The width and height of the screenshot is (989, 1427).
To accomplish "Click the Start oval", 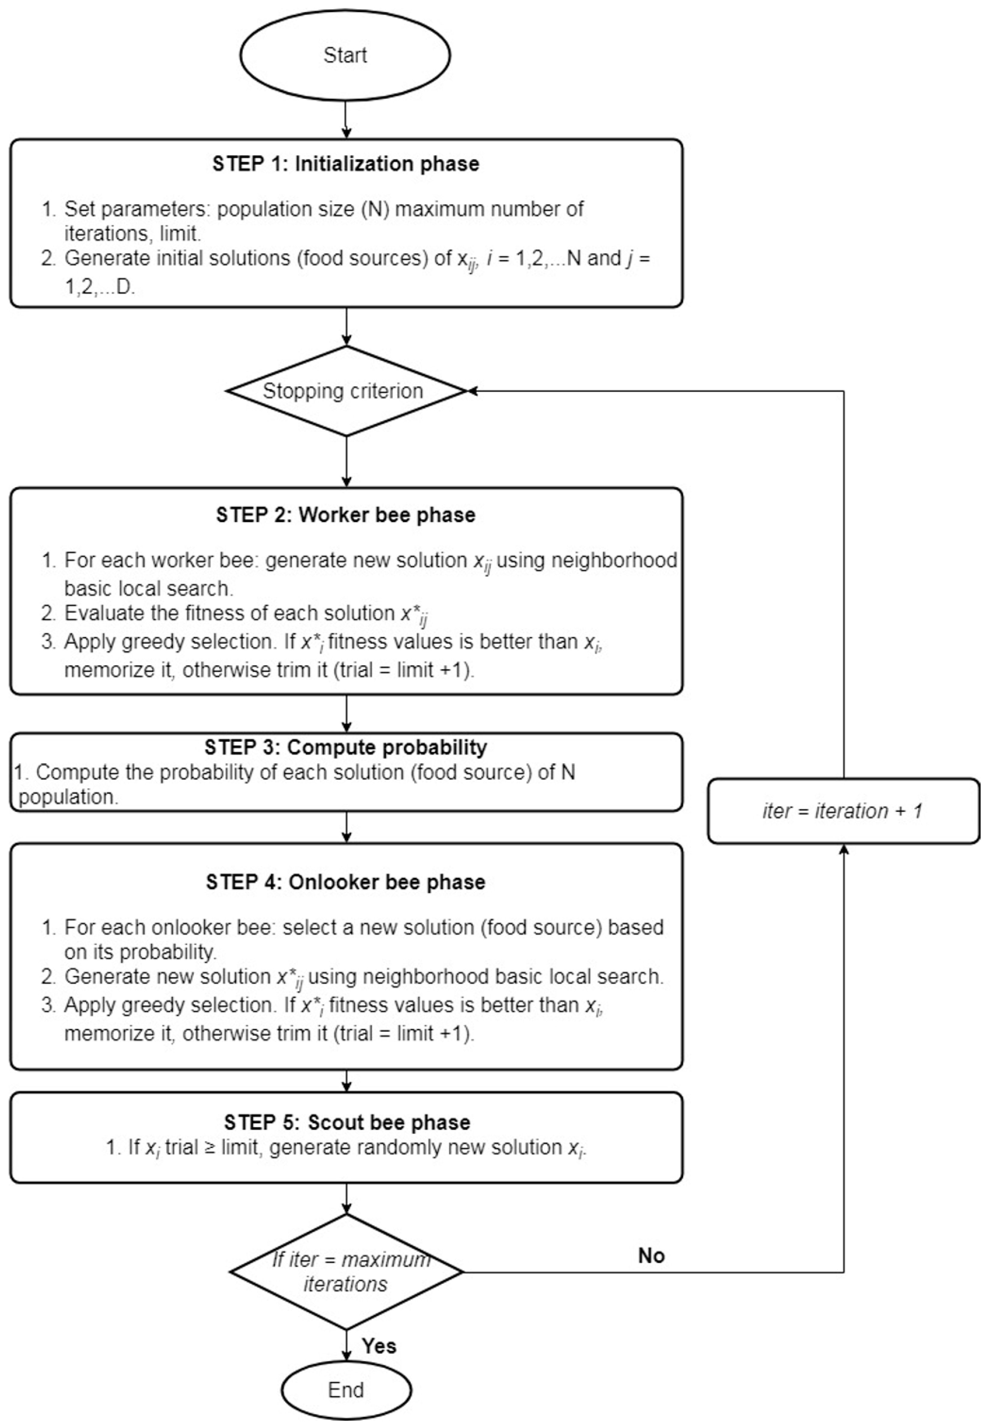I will (x=345, y=55).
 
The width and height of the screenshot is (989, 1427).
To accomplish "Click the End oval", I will (x=346, y=1390).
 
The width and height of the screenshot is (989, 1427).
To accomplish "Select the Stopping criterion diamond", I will (x=345, y=391).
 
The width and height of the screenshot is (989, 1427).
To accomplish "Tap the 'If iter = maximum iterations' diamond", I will (x=346, y=1272).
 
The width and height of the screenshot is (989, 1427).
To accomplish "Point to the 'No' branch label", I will (x=651, y=1255).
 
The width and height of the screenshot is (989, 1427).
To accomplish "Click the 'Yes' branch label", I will (x=379, y=1346).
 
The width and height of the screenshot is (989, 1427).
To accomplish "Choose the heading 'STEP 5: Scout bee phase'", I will (x=347, y=1123).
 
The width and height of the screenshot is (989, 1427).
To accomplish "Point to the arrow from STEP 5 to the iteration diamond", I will (x=346, y=1199).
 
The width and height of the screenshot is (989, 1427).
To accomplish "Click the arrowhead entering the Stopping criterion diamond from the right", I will (x=472, y=391).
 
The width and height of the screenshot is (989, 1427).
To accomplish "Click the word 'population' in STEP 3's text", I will (x=68, y=797).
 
